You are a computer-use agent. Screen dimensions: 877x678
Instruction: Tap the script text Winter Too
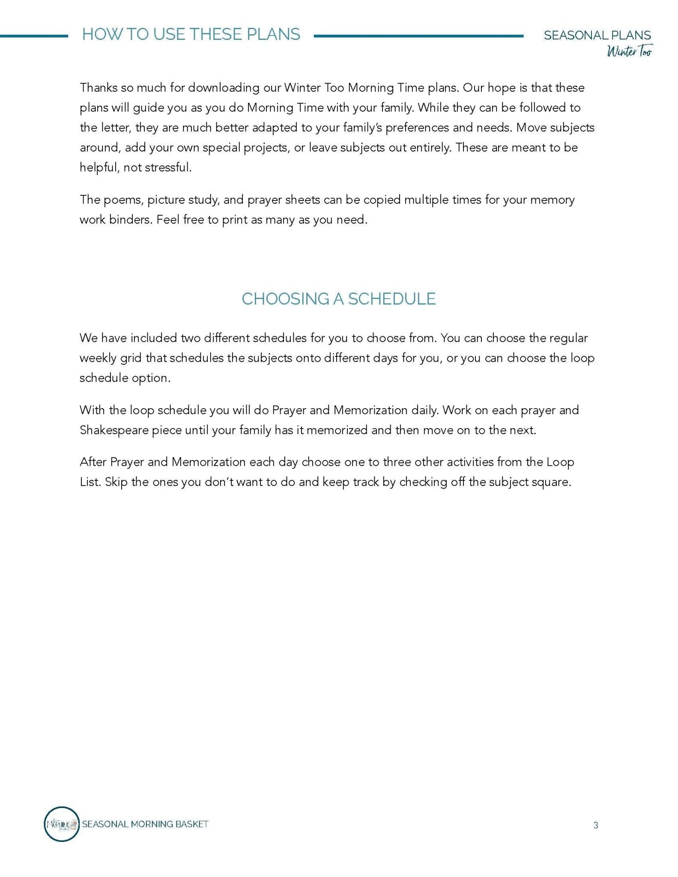tap(629, 52)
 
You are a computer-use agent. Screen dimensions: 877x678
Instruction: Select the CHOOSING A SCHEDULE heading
tap(338, 299)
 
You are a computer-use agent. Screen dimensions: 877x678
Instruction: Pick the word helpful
tap(98, 167)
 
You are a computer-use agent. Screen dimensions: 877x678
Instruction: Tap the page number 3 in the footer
tap(595, 825)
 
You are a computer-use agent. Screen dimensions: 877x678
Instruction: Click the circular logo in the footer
tap(62, 824)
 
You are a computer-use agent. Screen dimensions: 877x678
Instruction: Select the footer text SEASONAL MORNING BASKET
tap(145, 824)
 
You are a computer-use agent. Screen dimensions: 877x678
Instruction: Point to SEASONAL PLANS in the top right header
tap(597, 35)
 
